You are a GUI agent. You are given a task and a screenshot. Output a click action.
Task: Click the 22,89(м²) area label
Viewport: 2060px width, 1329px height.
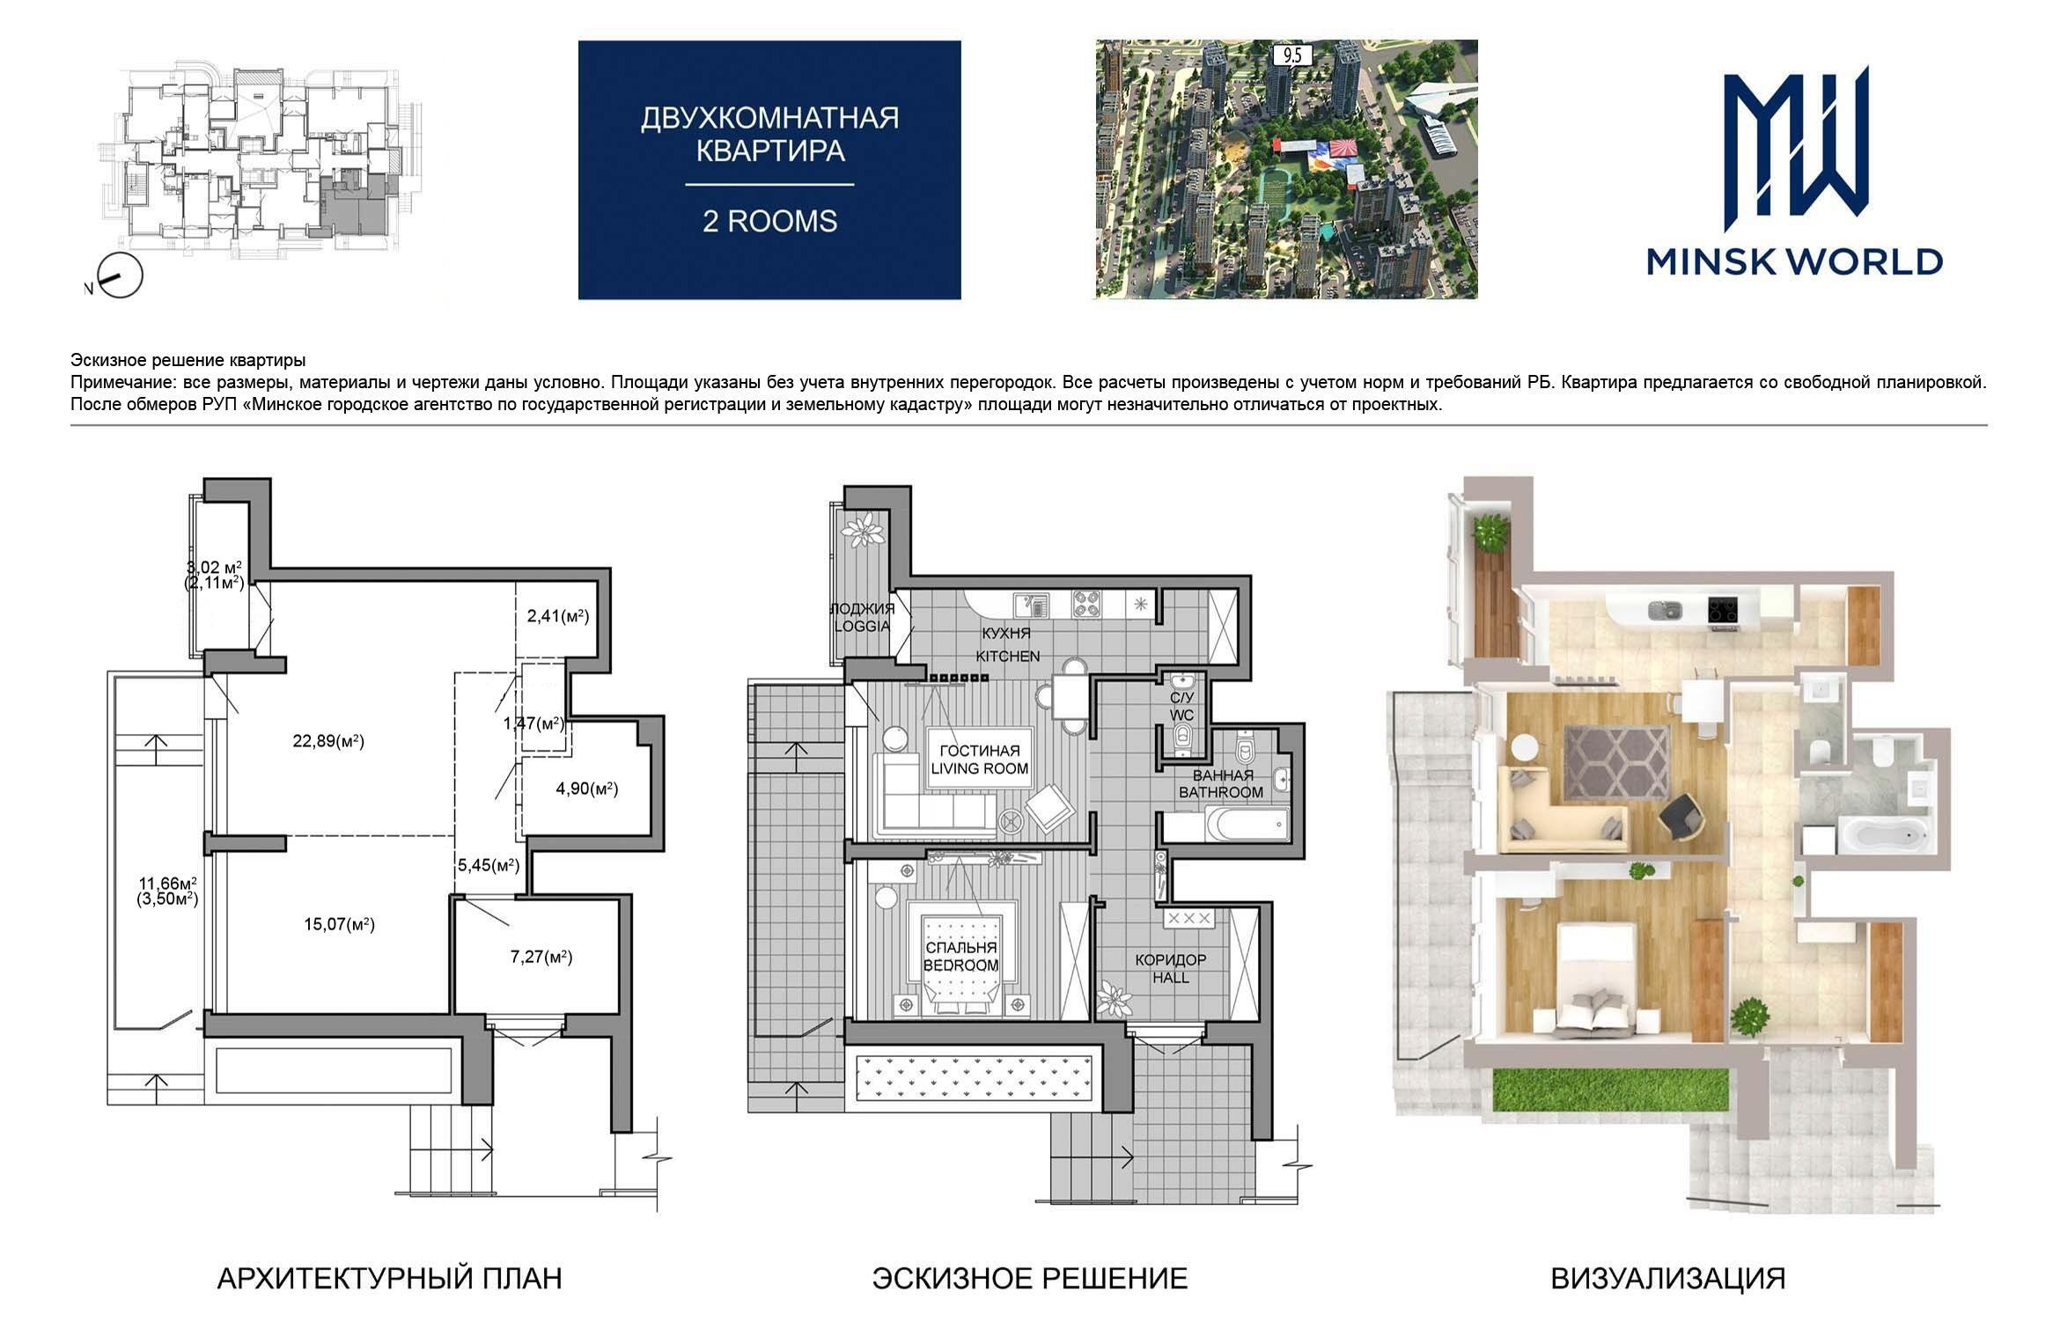(328, 741)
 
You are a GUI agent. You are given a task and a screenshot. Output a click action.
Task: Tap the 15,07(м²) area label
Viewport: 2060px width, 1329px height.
(339, 924)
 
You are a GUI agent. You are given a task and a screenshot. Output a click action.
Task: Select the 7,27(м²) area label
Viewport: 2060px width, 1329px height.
(541, 957)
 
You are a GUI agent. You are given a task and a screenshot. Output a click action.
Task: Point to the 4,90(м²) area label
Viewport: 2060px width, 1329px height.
(587, 789)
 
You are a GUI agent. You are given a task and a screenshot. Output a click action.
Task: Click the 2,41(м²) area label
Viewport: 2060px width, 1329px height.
(558, 616)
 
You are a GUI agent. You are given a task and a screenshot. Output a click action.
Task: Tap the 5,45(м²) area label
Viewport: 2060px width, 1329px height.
(488, 865)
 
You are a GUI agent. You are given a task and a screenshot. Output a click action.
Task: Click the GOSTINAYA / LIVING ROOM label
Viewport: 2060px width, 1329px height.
(980, 760)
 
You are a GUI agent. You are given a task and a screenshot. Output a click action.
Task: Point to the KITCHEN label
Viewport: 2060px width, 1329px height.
(1007, 656)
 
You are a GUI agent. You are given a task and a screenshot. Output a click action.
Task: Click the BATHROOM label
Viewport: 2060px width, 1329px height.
(1221, 792)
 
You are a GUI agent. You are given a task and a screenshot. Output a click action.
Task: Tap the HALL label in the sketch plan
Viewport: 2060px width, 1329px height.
(1170, 977)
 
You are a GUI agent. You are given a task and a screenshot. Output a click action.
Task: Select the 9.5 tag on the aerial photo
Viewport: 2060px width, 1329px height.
(1292, 55)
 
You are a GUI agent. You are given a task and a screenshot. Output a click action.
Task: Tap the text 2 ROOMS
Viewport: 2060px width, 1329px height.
(769, 221)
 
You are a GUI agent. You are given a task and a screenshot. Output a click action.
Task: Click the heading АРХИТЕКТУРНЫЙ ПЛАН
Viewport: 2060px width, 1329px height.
(389, 1278)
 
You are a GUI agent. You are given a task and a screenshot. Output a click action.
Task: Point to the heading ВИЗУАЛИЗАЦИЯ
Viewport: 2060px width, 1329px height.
(1668, 1278)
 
